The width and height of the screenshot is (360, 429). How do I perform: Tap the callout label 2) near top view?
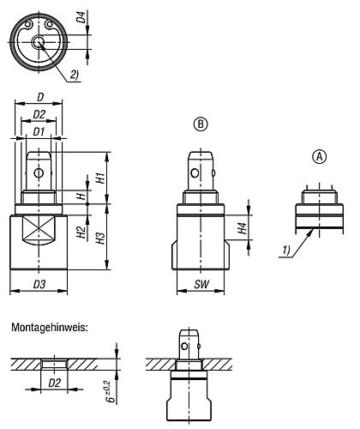[75, 74]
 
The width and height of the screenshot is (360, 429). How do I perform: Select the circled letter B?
[199, 124]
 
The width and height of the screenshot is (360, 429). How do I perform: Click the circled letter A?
[319, 157]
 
